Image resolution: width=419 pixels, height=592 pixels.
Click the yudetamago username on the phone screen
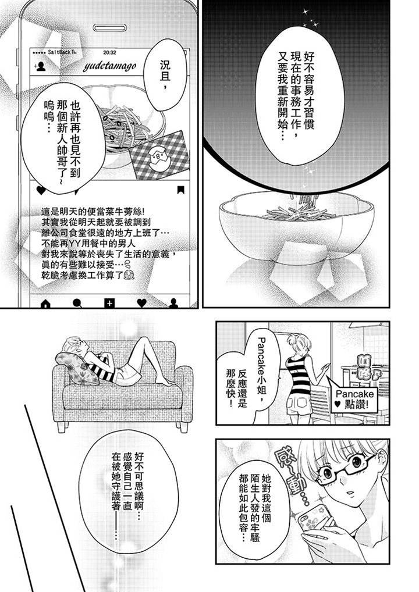109,66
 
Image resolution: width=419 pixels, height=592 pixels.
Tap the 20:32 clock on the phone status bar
109,52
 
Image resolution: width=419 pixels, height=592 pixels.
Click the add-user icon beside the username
40,67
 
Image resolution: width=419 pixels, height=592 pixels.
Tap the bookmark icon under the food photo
180,190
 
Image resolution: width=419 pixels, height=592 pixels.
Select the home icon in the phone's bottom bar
45,303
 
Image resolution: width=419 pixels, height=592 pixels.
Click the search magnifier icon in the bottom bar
77,303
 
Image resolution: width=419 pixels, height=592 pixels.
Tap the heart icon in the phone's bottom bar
141,303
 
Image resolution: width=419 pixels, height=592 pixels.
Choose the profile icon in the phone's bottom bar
173,303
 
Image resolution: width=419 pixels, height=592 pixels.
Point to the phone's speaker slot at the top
109,28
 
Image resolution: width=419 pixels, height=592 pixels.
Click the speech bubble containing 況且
166,75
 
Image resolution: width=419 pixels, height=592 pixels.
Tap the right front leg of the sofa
183,427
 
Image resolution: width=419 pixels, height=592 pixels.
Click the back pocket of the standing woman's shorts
301,402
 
